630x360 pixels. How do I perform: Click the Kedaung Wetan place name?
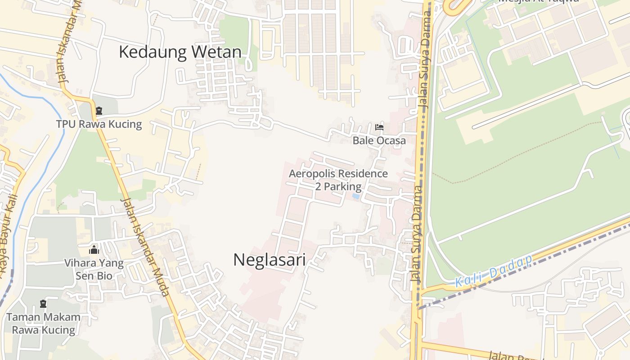180,52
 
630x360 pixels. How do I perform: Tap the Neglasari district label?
269,260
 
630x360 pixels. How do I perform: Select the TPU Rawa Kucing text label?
99,124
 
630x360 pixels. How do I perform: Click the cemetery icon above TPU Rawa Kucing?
99,111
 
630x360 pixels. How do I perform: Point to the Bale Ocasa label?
379,140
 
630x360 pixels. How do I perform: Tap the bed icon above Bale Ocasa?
379,127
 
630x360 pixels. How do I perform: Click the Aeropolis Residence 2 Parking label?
338,180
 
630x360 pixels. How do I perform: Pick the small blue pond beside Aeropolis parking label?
356,197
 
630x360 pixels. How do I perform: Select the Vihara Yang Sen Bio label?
94,269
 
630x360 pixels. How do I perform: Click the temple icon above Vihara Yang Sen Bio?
94,250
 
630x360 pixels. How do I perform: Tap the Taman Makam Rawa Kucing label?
44,323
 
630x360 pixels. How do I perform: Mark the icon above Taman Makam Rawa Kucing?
43,304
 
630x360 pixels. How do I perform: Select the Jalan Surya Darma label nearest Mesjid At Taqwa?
424,58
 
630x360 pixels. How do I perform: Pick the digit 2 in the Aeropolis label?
318,186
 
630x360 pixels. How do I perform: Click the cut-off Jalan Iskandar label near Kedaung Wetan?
68,45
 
